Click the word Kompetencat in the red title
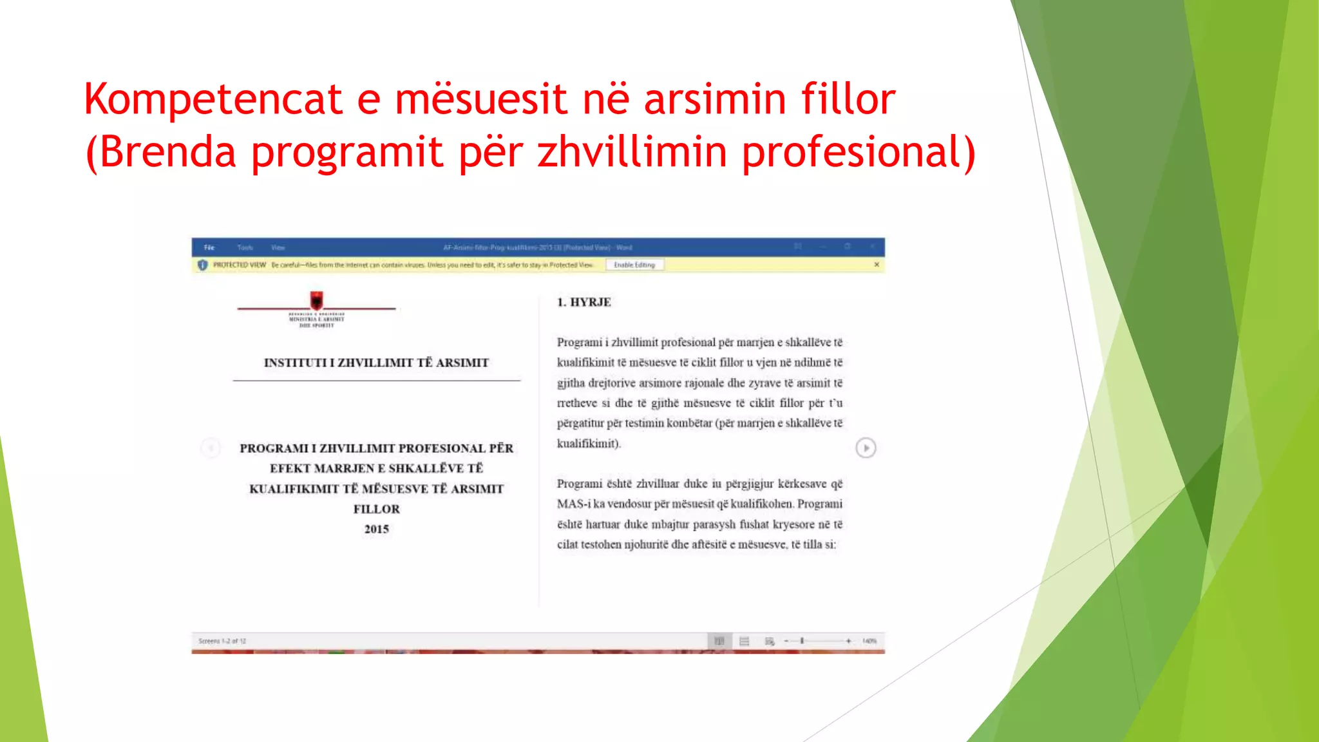pyautogui.click(x=213, y=99)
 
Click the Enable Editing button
pyautogui.click(x=634, y=265)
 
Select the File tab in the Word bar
pyautogui.click(x=209, y=247)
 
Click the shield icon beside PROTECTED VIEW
pyautogui.click(x=202, y=265)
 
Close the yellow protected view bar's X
pyautogui.click(x=877, y=265)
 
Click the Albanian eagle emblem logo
pyautogui.click(x=317, y=300)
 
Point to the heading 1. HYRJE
pyautogui.click(x=584, y=302)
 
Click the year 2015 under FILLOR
pyautogui.click(x=377, y=529)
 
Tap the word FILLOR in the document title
pyautogui.click(x=377, y=509)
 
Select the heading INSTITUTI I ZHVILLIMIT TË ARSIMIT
pyautogui.click(x=377, y=363)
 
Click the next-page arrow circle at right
pyautogui.click(x=866, y=448)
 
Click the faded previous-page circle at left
pyautogui.click(x=211, y=448)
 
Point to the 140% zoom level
pyautogui.click(x=869, y=641)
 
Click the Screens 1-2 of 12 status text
pyautogui.click(x=222, y=641)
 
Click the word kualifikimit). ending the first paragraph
pyautogui.click(x=589, y=444)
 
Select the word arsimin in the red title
pyautogui.click(x=715, y=99)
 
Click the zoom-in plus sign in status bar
pyautogui.click(x=849, y=641)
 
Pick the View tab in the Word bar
pyautogui.click(x=278, y=247)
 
